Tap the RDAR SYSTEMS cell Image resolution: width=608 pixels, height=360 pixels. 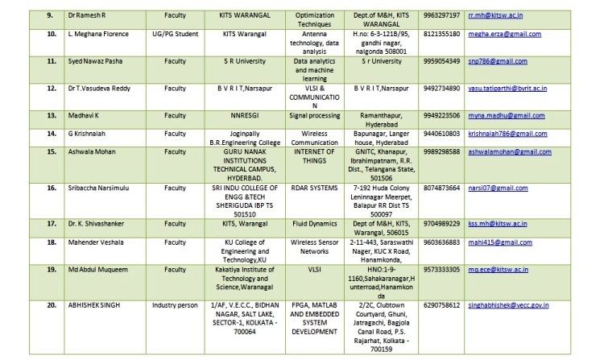312,188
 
